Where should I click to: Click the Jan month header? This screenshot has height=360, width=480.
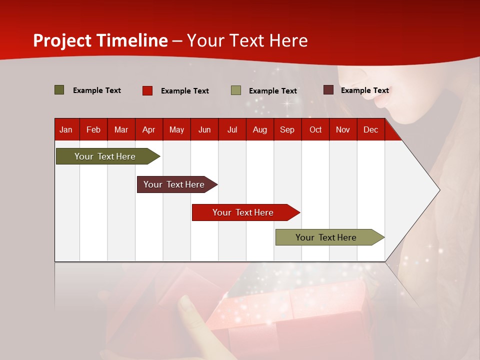click(x=66, y=130)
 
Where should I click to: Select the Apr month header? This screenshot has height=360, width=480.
click(x=148, y=130)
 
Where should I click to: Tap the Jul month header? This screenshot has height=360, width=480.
click(x=232, y=130)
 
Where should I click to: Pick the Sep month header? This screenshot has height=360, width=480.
click(x=287, y=130)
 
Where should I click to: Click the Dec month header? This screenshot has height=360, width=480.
click(x=370, y=130)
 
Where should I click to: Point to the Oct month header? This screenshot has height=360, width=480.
click(x=315, y=130)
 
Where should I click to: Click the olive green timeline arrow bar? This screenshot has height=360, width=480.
click(x=105, y=156)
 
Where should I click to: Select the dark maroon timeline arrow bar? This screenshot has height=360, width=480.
click(x=174, y=184)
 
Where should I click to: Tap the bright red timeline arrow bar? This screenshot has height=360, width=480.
click(x=243, y=212)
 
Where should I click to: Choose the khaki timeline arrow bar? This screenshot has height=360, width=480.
click(x=326, y=237)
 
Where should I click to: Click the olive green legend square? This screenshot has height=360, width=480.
click(x=59, y=90)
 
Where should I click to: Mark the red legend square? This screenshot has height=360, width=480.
click(x=147, y=90)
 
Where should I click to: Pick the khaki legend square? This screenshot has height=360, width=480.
click(x=236, y=90)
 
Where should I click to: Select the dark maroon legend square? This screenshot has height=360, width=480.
click(x=328, y=90)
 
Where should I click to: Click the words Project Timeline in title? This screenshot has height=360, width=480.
click(x=100, y=40)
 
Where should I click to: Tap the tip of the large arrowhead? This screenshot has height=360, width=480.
click(x=439, y=190)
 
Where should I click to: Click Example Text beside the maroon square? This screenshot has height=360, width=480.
click(x=364, y=90)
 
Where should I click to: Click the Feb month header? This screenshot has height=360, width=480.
click(x=93, y=130)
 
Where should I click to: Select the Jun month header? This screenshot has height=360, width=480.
click(x=204, y=130)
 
